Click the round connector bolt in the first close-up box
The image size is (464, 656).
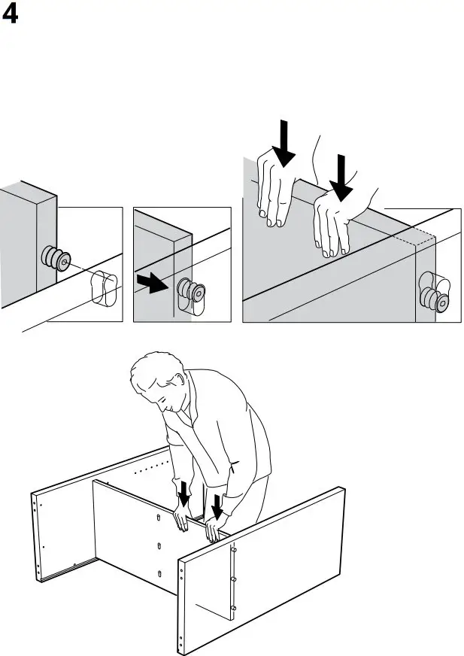56,259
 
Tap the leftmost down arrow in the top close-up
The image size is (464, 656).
284,143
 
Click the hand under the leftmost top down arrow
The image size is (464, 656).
273,188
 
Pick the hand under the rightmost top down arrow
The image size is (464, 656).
334,222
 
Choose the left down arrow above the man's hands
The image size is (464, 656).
183,494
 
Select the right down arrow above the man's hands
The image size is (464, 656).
218,507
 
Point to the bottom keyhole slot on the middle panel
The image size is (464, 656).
159,574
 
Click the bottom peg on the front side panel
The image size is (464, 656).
234,606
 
